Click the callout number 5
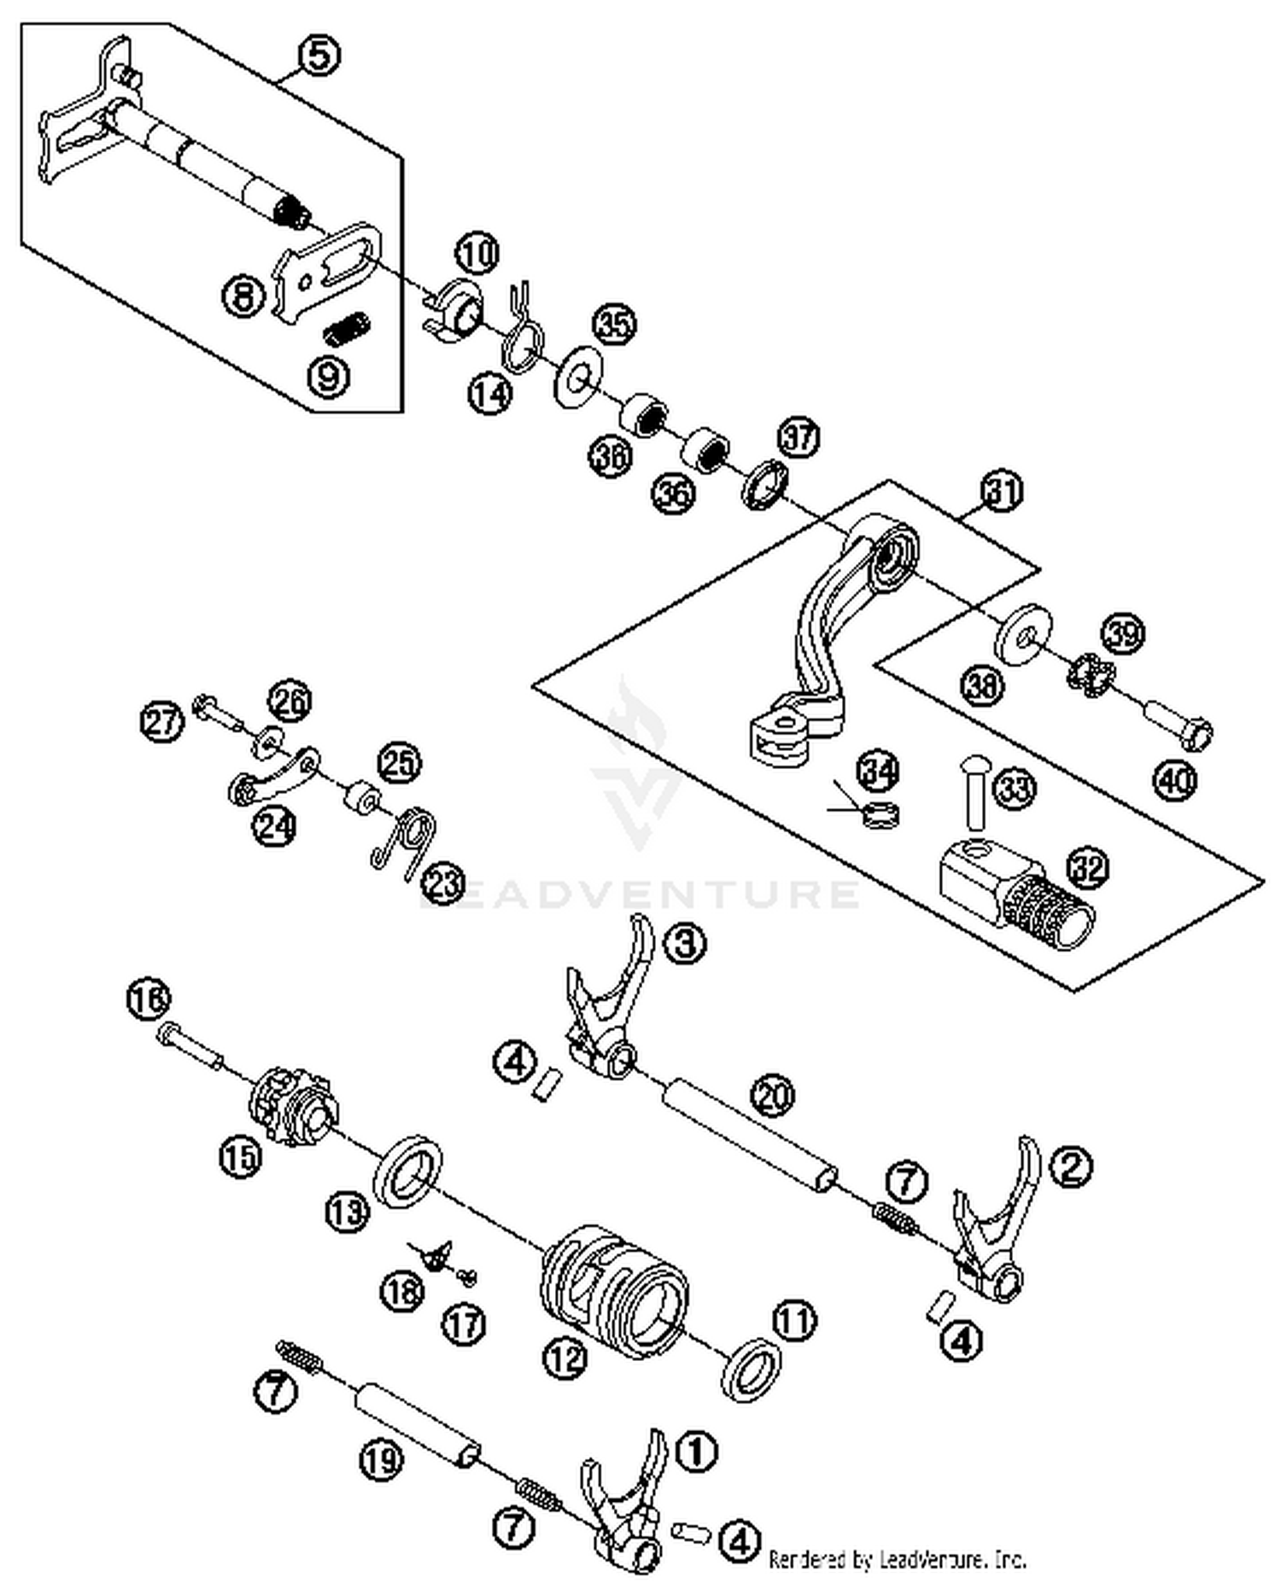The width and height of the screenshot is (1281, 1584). (319, 56)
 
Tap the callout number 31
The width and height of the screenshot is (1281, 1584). (1002, 492)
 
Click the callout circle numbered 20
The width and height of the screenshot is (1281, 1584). (773, 1095)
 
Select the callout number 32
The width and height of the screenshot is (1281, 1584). (1088, 868)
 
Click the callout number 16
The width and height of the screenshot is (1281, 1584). (149, 998)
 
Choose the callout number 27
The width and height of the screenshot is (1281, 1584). (161, 722)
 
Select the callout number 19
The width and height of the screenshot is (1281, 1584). (381, 1460)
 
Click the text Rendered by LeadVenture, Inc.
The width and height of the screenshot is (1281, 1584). (897, 1559)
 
